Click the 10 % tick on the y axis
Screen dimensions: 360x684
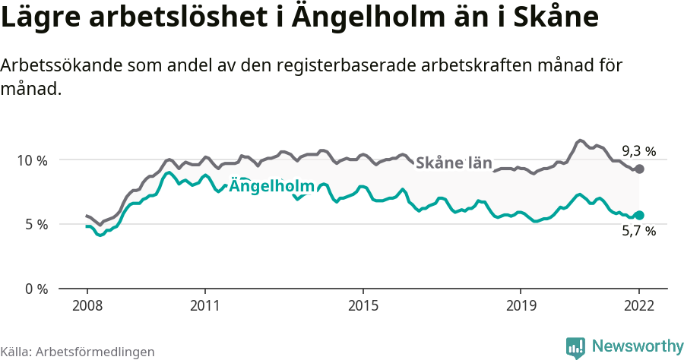[31, 160]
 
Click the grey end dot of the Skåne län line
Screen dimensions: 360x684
[639, 169]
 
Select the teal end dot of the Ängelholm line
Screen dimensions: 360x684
[639, 216]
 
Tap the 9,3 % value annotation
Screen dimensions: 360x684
[638, 150]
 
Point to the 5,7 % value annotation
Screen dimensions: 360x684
[638, 232]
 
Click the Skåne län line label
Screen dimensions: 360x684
[454, 163]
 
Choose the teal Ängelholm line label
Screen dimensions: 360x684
[272, 186]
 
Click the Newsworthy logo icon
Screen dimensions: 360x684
[575, 347]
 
